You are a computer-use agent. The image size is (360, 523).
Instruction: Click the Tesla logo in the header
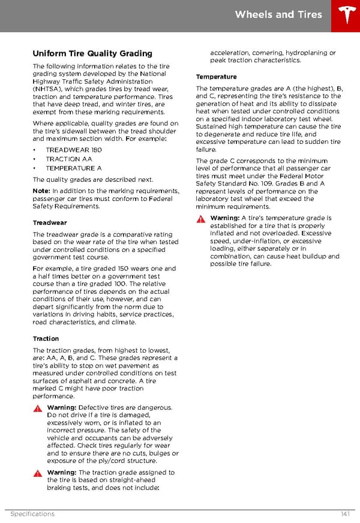346,15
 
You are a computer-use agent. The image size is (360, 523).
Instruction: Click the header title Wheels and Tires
278,14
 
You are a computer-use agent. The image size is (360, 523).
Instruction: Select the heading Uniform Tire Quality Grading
92,53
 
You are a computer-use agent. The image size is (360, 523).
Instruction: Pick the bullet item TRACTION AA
69,159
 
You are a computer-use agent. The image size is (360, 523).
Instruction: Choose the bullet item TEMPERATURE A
74,169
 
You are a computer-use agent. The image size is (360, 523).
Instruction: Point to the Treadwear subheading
49,222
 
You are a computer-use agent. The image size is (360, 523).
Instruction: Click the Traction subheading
46,339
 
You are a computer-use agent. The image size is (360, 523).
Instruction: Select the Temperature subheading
216,77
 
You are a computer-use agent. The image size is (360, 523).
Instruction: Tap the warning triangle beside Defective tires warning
38,408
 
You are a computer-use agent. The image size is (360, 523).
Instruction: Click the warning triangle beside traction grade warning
38,473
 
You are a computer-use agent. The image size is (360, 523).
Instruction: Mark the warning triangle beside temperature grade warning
201,219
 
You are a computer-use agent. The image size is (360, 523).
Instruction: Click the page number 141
344,514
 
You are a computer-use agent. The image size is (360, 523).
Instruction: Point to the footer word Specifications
32,514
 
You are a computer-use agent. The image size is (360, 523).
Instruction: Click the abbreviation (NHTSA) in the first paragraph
50,89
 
